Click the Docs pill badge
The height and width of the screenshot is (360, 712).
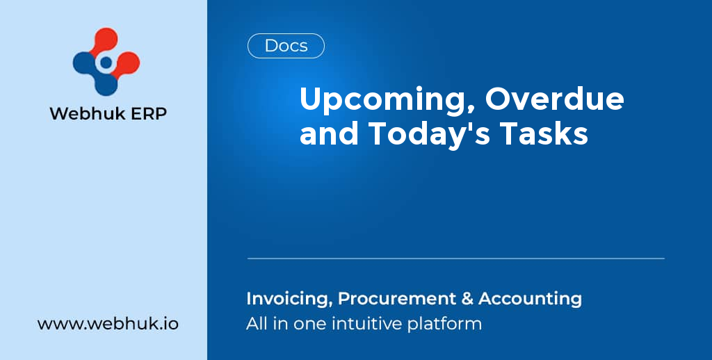click(x=286, y=46)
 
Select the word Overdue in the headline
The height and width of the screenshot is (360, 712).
click(x=554, y=99)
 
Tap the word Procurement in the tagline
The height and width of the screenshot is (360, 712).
click(x=396, y=299)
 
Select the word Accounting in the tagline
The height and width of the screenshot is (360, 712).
click(x=530, y=299)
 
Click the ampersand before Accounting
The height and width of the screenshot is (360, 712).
click(x=467, y=299)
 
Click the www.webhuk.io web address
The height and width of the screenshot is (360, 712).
click(x=108, y=324)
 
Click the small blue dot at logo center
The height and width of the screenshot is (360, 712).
click(x=106, y=63)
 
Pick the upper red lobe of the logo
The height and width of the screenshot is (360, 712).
click(x=106, y=40)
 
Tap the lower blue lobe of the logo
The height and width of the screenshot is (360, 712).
click(x=106, y=84)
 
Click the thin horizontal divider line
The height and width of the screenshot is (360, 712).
click(x=456, y=259)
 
